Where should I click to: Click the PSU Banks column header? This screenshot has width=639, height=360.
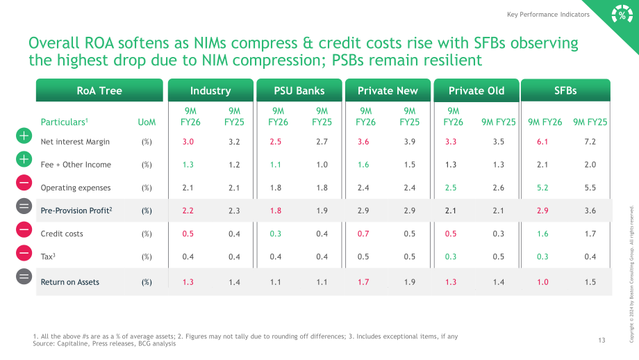[x=299, y=90]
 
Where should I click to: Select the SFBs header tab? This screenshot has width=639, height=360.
[x=565, y=90]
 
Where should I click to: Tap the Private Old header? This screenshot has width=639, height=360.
[x=476, y=90]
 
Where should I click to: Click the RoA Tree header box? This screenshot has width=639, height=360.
[x=99, y=90]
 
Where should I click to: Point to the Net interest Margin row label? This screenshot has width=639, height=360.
[x=75, y=142]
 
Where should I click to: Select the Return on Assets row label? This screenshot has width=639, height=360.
[x=69, y=282]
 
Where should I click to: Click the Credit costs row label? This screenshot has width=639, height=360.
[x=62, y=234]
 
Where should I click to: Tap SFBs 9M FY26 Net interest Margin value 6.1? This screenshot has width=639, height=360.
[x=542, y=142]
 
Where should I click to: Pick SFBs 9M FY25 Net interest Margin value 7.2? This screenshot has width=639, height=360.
[x=590, y=142]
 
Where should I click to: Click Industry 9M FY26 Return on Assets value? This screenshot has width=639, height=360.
[x=188, y=282]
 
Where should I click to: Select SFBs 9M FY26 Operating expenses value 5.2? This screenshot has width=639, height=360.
[x=542, y=188]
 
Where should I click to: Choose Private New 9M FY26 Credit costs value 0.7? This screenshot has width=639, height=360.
[x=363, y=234]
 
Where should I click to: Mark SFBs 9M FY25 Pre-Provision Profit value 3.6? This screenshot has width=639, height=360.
[x=590, y=211]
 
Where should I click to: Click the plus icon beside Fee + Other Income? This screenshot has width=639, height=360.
[x=24, y=159]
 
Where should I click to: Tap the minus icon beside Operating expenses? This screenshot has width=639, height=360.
[x=24, y=183]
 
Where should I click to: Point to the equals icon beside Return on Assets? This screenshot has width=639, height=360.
[x=24, y=277]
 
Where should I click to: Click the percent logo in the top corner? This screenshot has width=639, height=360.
[x=622, y=15]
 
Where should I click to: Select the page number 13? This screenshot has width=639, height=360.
[x=601, y=341]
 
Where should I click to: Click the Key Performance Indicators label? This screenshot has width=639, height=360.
[x=548, y=15]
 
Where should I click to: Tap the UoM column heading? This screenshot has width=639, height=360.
[x=147, y=122]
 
